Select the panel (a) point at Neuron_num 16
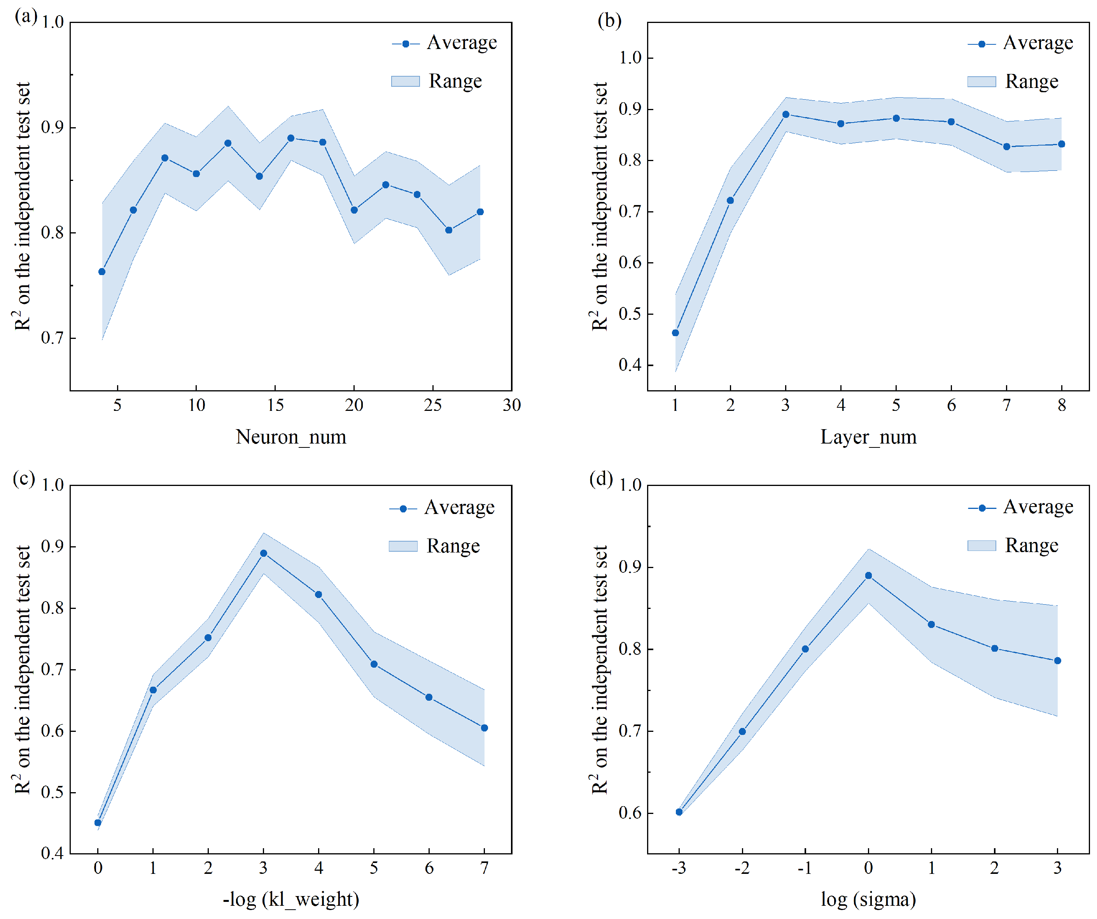pyautogui.click(x=291, y=138)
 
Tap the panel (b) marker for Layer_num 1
pyautogui.click(x=675, y=333)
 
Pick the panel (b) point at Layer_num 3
pyautogui.click(x=786, y=114)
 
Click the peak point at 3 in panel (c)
pyautogui.click(x=264, y=553)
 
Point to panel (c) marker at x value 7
pyautogui.click(x=484, y=728)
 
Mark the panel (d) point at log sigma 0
pyautogui.click(x=869, y=575)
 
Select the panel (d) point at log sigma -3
pyautogui.click(x=679, y=812)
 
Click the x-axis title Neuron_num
pyautogui.click(x=291, y=437)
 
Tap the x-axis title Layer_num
pyautogui.click(x=869, y=437)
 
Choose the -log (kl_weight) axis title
pyautogui.click(x=291, y=899)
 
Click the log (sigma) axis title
pyautogui.click(x=869, y=899)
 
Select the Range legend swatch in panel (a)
pyautogui.click(x=405, y=81)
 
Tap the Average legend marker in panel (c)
pyautogui.click(x=403, y=509)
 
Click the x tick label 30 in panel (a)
pyautogui.click(x=512, y=405)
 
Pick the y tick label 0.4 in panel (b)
pyautogui.click(x=630, y=365)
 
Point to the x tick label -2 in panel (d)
pyautogui.click(x=742, y=868)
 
